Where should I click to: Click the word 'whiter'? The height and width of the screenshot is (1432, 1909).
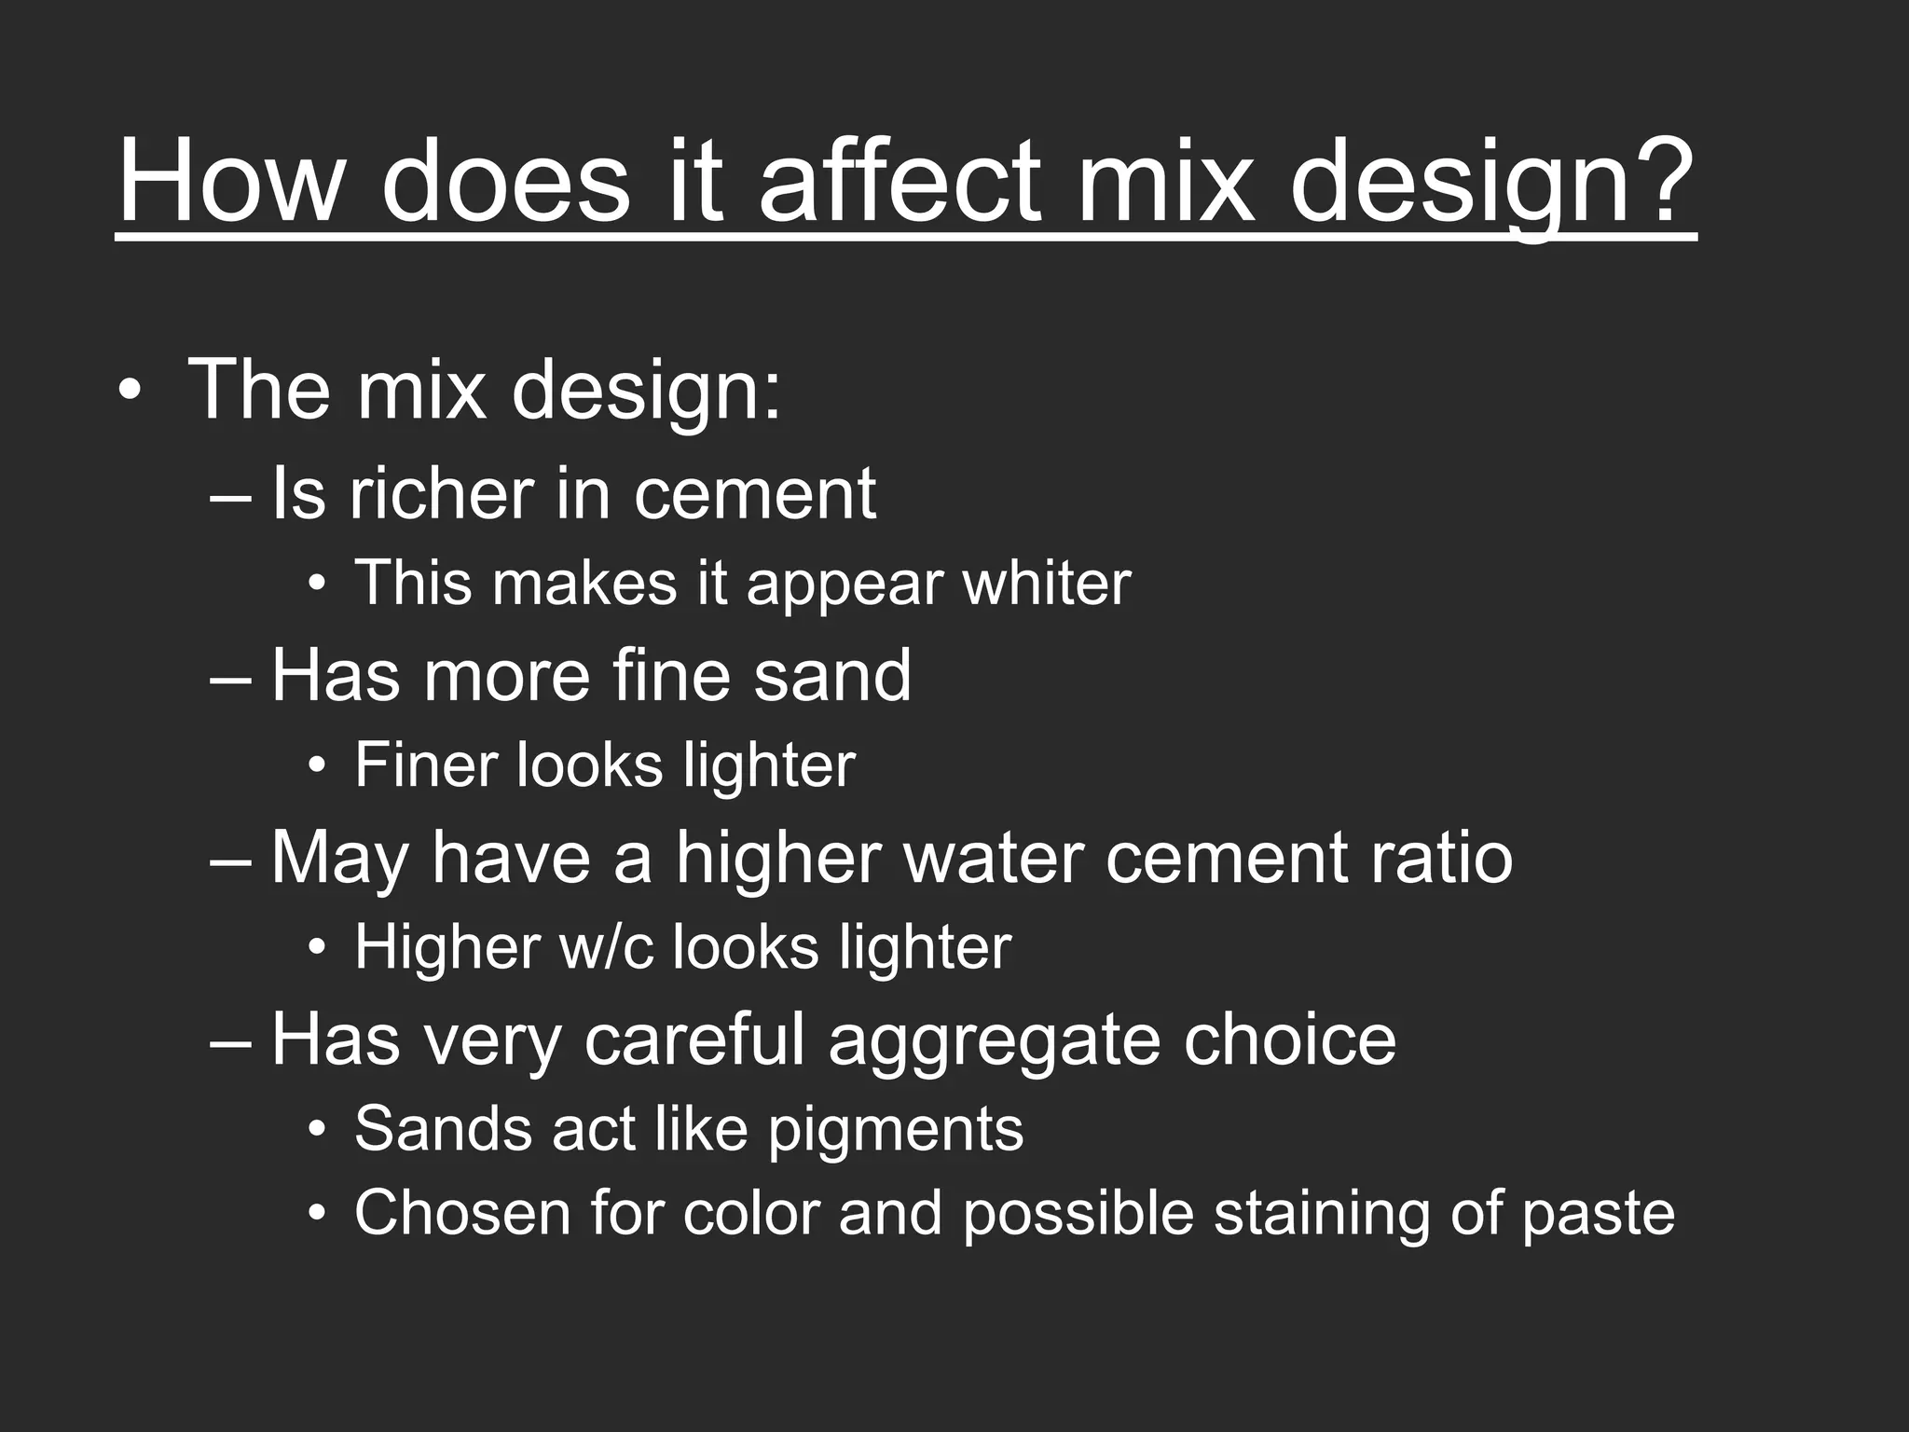[x=1047, y=583]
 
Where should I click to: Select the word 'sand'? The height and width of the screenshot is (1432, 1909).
[x=832, y=675]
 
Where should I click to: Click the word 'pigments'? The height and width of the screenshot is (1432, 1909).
[x=896, y=1130]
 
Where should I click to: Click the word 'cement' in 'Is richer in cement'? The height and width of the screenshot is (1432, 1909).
[x=755, y=494]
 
